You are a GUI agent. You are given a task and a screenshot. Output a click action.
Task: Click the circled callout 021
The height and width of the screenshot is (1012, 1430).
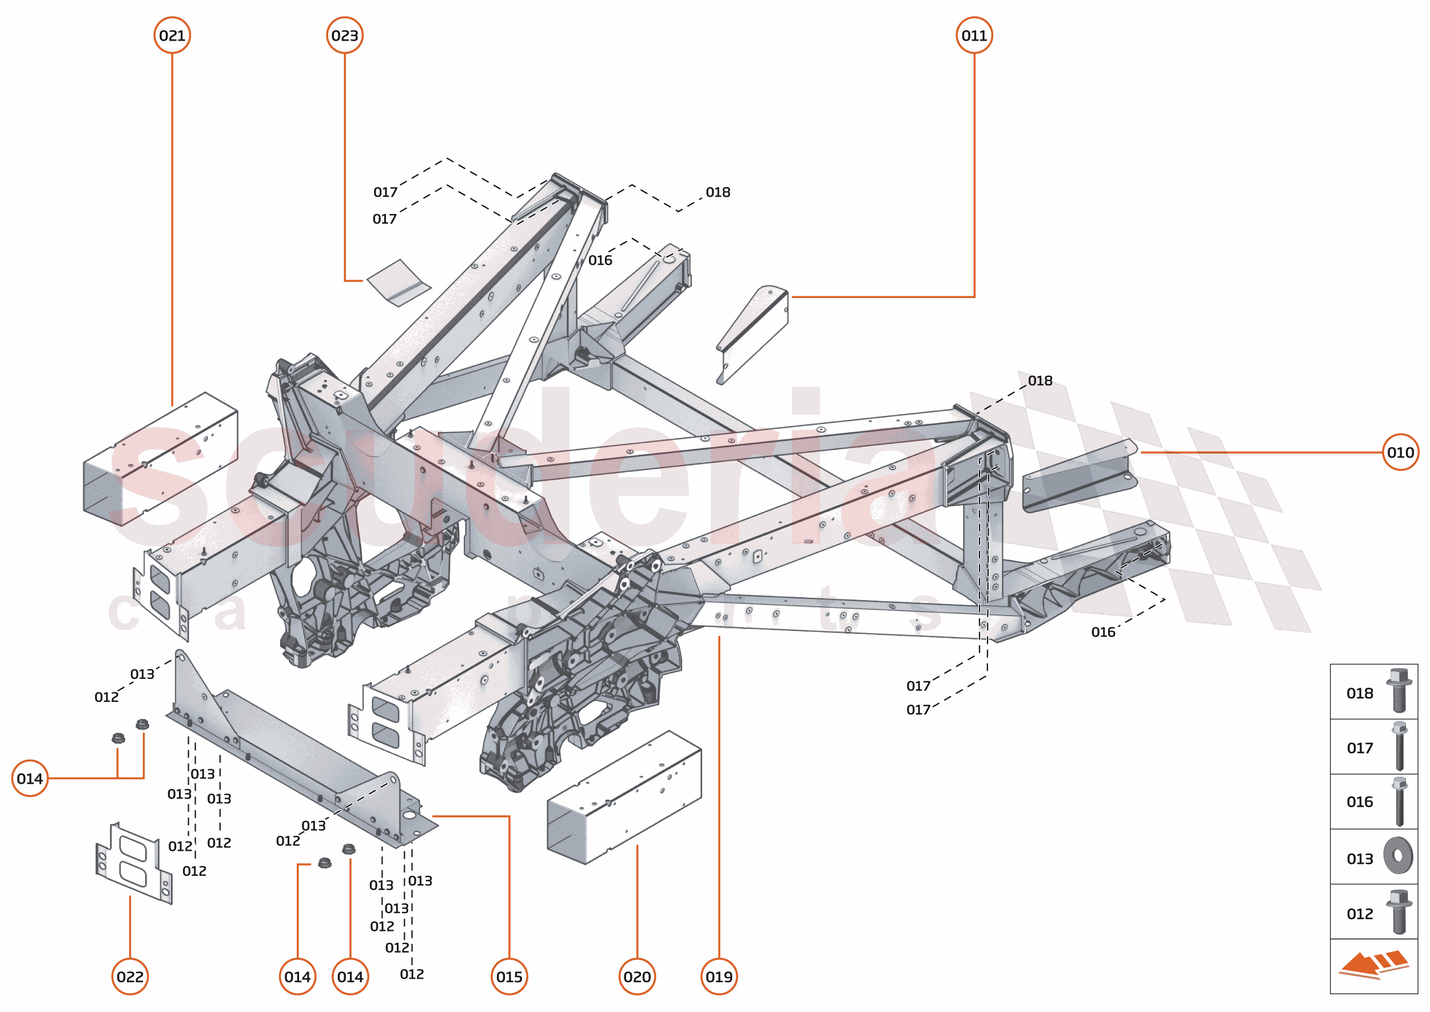coord(172,35)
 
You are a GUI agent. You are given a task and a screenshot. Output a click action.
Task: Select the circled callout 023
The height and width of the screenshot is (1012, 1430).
coord(344,35)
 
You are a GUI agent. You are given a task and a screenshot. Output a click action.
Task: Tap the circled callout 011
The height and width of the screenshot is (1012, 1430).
coord(974,35)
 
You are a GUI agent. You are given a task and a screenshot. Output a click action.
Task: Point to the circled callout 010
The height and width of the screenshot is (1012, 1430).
coord(1400,453)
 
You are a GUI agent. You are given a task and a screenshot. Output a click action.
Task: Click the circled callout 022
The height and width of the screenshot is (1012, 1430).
coord(130,977)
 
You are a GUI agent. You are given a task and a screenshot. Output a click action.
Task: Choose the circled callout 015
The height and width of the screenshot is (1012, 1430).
coord(509,977)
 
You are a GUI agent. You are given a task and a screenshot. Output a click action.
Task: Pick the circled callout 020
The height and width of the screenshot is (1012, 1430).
coord(636,977)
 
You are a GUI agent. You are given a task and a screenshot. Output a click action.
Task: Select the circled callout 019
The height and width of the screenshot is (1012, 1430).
coord(719,977)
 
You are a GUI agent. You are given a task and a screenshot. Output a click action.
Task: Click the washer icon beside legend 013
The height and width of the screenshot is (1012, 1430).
coord(1398,856)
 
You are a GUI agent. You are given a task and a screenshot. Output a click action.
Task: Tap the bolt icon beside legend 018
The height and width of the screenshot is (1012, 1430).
coord(1398,690)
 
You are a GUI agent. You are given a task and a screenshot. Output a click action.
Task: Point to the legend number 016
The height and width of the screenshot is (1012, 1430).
coord(1360,802)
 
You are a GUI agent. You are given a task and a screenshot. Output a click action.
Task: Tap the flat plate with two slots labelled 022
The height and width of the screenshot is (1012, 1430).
coord(133,863)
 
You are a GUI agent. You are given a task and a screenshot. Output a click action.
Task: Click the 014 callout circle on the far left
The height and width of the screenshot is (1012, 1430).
coord(30,779)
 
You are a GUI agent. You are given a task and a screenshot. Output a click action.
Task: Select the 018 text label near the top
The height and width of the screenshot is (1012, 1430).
coord(718,193)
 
